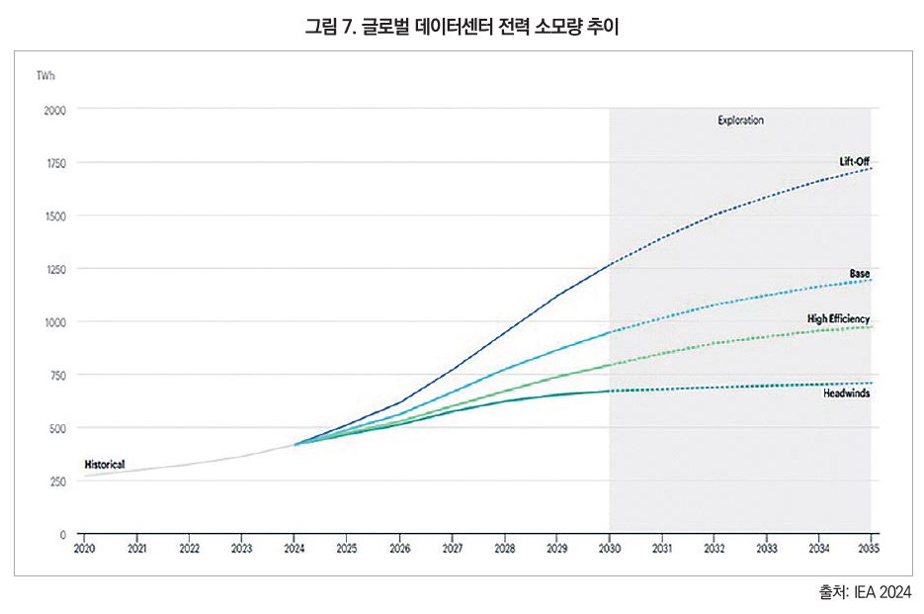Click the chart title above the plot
point(462,27)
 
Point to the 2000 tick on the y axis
point(54,110)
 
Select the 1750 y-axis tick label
point(54,163)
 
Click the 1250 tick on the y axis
point(54,269)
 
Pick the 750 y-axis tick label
point(56,376)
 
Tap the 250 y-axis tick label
point(56,482)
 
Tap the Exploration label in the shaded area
point(740,121)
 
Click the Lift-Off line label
point(854,161)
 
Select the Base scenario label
point(859,273)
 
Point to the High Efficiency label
point(838,319)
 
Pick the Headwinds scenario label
point(847,394)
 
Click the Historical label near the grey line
point(105,464)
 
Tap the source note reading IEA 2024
point(865,591)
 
